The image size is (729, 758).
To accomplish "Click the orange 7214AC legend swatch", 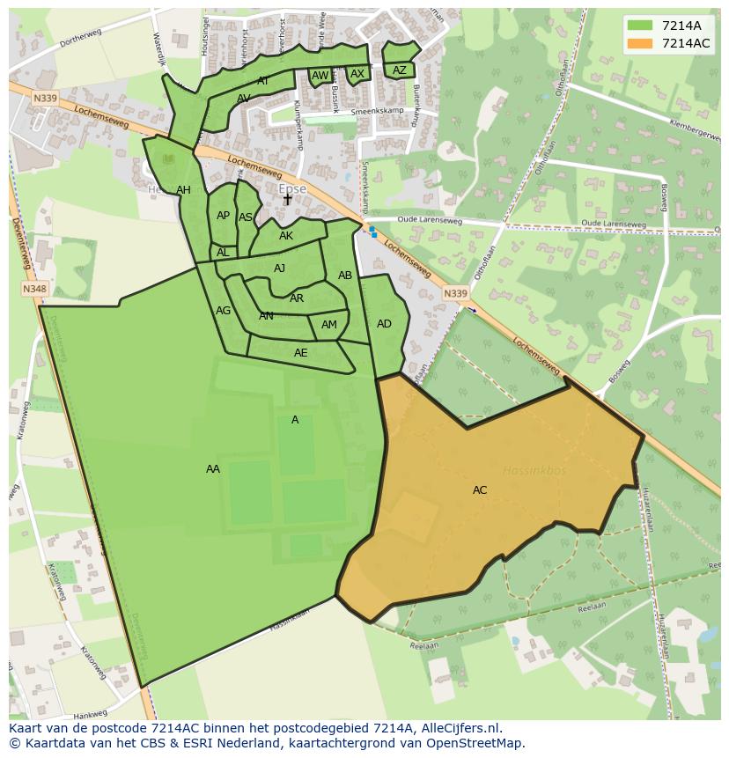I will click(641, 43).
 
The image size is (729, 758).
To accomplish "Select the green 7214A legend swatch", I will click(641, 26).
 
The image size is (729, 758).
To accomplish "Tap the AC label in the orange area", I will click(480, 490).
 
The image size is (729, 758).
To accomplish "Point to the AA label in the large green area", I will click(213, 469).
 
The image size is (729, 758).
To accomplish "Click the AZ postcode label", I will click(400, 70).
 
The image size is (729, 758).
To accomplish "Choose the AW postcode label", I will click(320, 76).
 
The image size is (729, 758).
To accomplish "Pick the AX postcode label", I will click(357, 74).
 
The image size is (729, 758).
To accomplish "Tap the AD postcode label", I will click(384, 324).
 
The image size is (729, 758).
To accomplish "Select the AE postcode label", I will click(301, 353).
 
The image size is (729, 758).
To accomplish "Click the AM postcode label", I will click(329, 325).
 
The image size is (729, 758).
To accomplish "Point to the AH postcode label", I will click(183, 190).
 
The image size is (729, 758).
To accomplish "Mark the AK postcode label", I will click(286, 236).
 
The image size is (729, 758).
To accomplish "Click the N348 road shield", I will click(34, 289).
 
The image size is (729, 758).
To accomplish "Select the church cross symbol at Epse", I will click(287, 200).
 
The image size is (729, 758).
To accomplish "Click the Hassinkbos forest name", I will click(534, 471).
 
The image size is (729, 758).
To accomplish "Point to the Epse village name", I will click(292, 189).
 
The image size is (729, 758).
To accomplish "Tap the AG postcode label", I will click(224, 311).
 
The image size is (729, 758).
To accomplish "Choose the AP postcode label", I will click(223, 216).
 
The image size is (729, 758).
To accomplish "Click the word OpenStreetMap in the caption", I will click(479, 743).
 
